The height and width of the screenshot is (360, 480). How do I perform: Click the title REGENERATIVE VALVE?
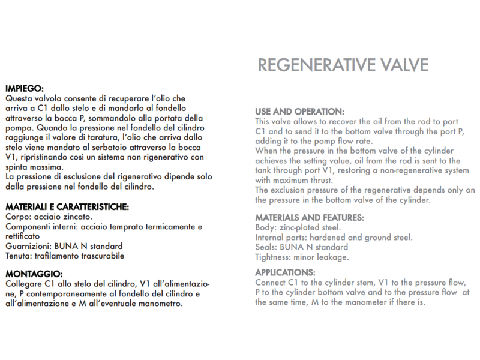[x=343, y=65]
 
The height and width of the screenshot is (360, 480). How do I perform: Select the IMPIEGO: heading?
[x=24, y=89]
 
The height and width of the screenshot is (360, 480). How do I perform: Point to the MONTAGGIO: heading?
[x=33, y=273]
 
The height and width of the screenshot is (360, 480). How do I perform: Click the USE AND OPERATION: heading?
[x=299, y=112]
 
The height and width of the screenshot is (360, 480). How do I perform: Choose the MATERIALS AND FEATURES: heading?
[x=310, y=218]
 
